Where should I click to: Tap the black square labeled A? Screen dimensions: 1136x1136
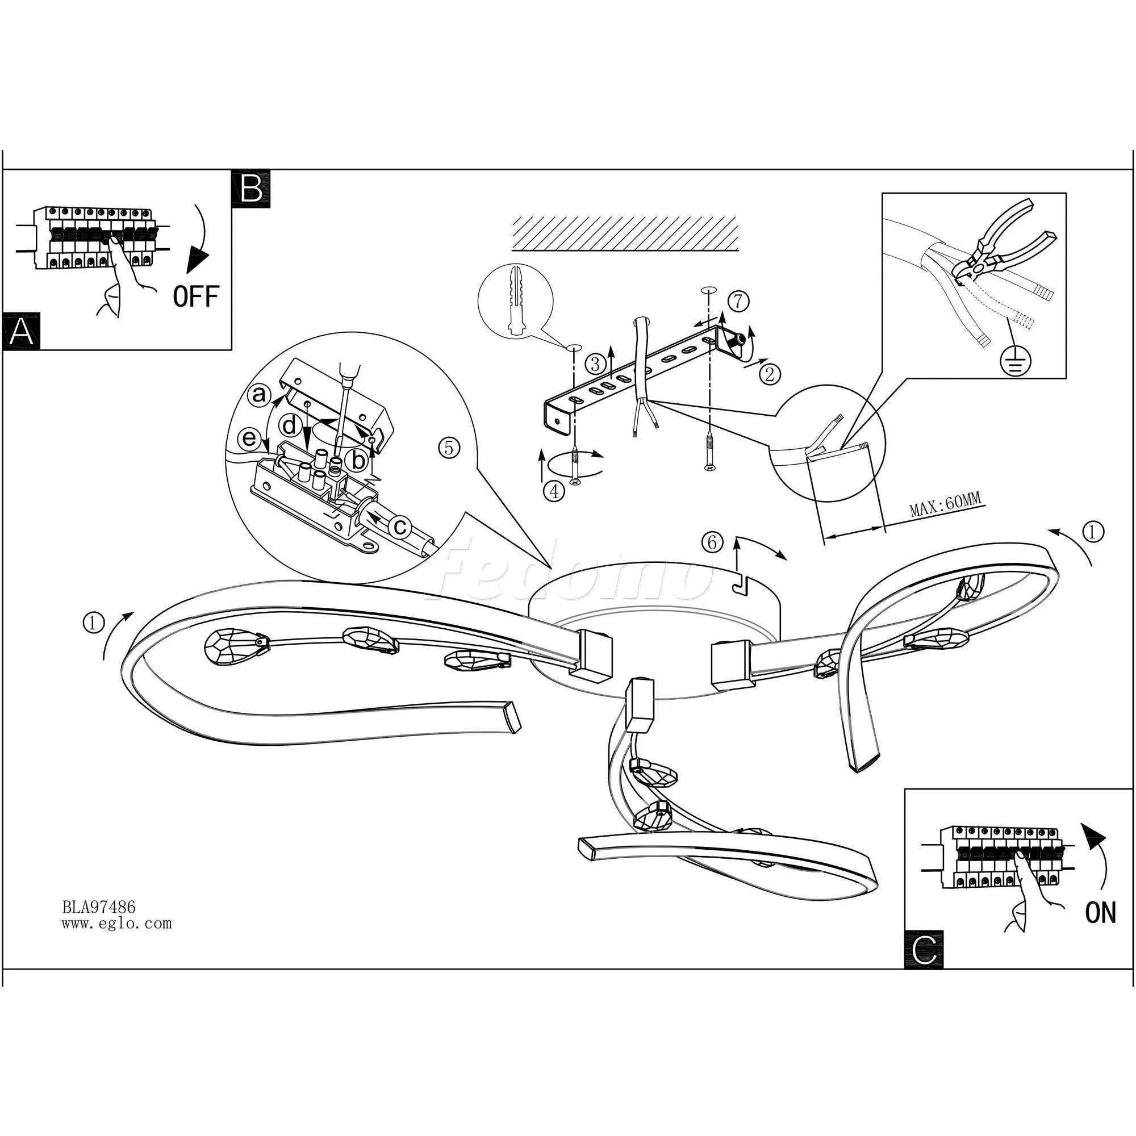pyautogui.click(x=21, y=332)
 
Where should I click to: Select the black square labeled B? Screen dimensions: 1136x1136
pyautogui.click(x=251, y=188)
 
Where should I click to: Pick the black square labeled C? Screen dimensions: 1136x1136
pyautogui.click(x=924, y=950)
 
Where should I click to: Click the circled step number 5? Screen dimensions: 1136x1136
pyautogui.click(x=449, y=448)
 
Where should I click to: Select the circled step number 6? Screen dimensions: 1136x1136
pyautogui.click(x=713, y=542)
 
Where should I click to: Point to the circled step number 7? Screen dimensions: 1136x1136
pyautogui.click(x=738, y=301)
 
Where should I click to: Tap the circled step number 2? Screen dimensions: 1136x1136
pyautogui.click(x=770, y=374)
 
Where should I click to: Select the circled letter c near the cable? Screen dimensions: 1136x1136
pyautogui.click(x=400, y=527)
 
